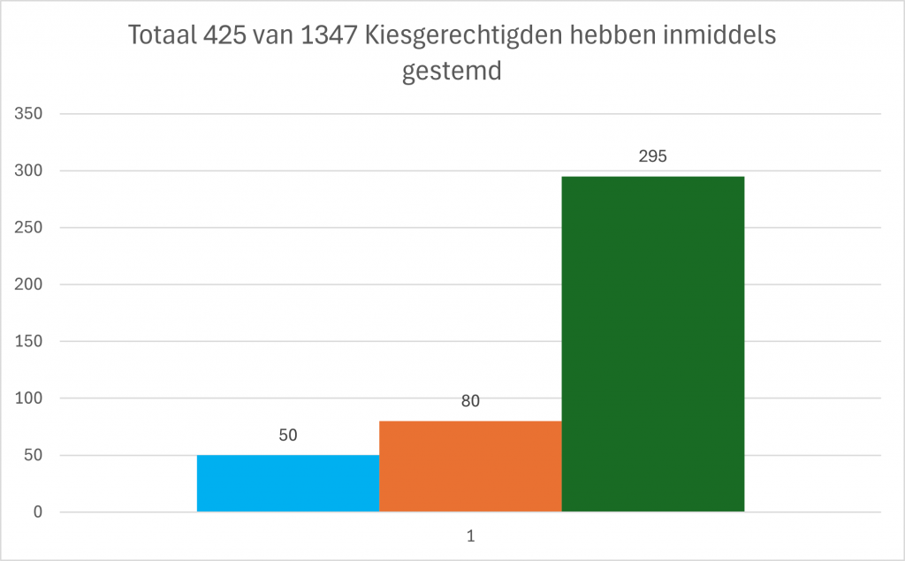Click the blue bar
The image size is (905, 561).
coord(288,483)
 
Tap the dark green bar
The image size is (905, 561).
coord(652,344)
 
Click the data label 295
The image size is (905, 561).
coord(652,156)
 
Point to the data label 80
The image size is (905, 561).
coord(470,401)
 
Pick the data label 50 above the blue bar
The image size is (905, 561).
coord(288,435)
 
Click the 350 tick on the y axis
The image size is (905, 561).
coord(30,114)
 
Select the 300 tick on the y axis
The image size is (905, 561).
coord(30,171)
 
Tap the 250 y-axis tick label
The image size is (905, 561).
coord(30,228)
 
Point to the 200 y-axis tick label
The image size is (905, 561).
coord(30,284)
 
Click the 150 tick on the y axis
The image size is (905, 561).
coord(30,342)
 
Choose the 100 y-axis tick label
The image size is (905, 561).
coord(30,398)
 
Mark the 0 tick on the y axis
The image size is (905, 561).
coord(38,512)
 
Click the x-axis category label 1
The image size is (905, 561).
coord(471,535)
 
